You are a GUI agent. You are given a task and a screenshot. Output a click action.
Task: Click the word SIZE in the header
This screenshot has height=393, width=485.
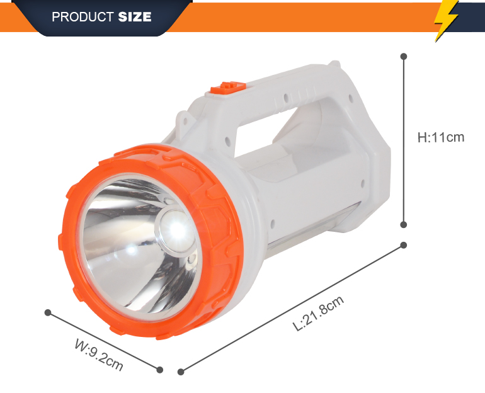135,17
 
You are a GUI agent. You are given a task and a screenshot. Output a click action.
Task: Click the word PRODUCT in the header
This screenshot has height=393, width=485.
83,17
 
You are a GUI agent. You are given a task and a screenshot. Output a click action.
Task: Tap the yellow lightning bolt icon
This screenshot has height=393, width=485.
446,20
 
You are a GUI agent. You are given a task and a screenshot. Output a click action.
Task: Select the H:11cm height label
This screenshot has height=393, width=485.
441,137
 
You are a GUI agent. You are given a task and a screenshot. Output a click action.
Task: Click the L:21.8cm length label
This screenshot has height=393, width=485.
319,313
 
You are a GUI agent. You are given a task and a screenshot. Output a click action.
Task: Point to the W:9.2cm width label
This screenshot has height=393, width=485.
99,355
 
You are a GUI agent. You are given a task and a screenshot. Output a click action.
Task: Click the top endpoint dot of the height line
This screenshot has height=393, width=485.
404,56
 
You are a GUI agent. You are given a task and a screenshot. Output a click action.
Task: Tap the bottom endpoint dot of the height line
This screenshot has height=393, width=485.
404,225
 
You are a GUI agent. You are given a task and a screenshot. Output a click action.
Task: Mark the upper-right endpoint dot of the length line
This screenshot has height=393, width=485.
403,245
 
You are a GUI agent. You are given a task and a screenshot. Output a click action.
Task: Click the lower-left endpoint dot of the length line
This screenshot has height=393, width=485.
181,372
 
